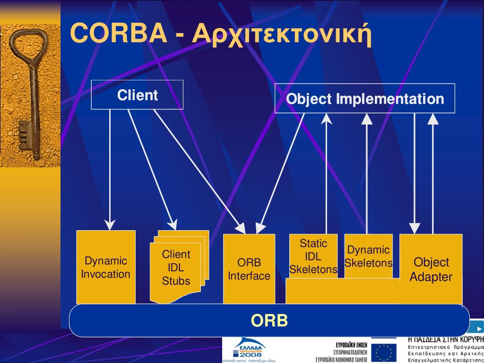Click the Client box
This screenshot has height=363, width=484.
(x=137, y=95)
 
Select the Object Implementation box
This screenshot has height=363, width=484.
(x=365, y=99)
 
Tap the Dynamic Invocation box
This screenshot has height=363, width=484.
(x=106, y=267)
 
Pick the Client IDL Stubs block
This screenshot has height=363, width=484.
(x=176, y=268)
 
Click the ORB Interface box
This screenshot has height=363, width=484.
(x=249, y=269)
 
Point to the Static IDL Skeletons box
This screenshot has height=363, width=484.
(x=313, y=257)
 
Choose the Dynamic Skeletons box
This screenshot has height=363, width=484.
(x=368, y=256)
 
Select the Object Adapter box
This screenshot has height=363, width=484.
(x=431, y=269)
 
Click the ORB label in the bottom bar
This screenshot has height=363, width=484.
(x=269, y=321)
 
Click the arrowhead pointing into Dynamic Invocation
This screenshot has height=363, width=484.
(x=110, y=225)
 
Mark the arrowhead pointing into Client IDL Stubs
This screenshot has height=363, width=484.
(x=173, y=225)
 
